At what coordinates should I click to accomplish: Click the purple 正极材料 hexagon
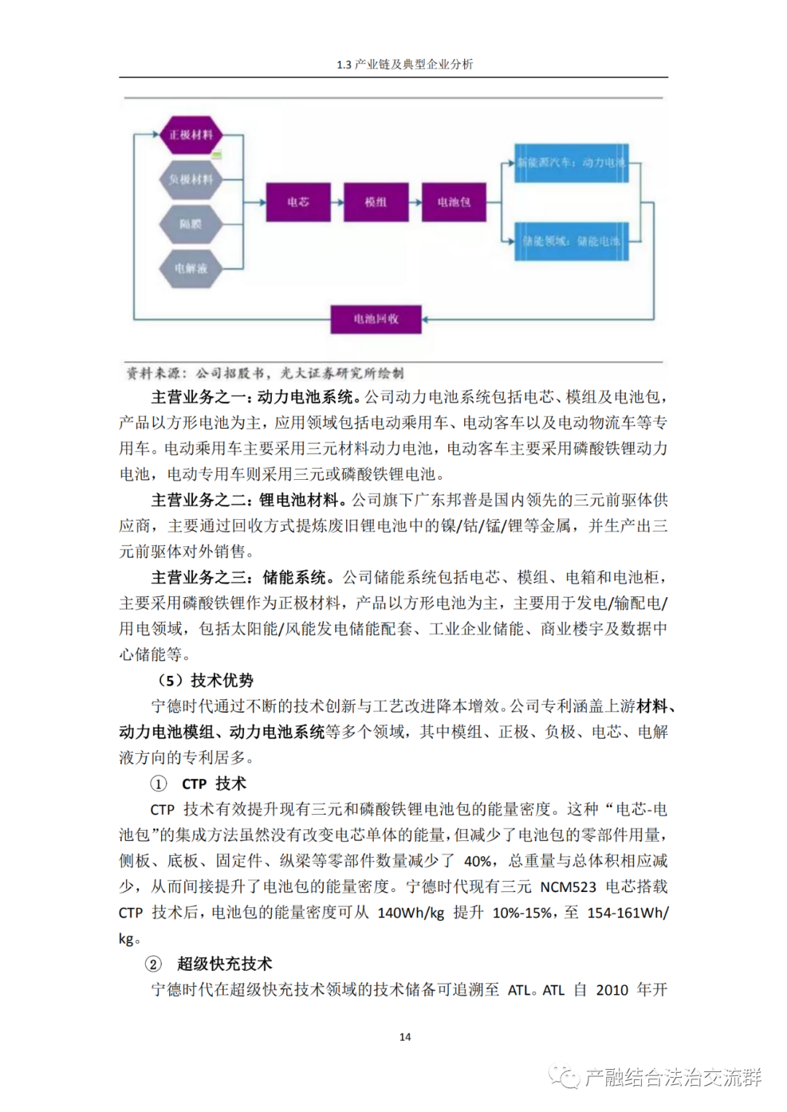point(191,135)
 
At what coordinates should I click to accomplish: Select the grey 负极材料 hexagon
point(191,179)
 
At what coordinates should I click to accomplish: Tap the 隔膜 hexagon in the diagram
point(191,224)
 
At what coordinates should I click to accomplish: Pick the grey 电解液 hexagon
point(191,269)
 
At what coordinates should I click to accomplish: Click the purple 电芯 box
point(298,202)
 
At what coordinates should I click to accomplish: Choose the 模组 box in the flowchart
point(376,202)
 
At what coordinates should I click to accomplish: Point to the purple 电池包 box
point(453,202)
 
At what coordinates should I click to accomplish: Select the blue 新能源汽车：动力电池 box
point(571,162)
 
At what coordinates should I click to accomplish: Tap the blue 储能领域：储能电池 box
point(571,241)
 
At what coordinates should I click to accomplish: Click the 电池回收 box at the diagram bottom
point(376,319)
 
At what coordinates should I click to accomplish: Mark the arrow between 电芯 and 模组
point(337,202)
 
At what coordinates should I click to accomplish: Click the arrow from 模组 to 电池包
point(415,202)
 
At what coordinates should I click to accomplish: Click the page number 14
point(405,1037)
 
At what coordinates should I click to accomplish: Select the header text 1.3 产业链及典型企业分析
point(405,65)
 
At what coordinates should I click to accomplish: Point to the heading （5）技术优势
point(205,680)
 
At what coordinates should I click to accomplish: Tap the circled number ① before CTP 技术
point(158,784)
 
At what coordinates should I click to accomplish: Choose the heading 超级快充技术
point(224,964)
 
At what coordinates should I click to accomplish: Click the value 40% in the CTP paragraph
point(477,861)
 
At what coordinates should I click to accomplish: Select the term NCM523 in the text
point(568,887)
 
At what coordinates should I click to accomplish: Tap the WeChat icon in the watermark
point(564,1076)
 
